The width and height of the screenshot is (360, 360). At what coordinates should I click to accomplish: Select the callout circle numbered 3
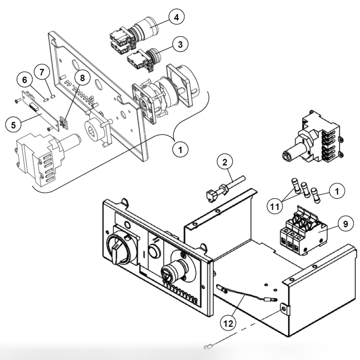coord(180,44)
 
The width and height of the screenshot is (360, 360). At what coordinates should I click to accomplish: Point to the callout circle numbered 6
coord(25,80)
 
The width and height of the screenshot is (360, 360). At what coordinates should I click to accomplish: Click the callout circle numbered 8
coord(83,78)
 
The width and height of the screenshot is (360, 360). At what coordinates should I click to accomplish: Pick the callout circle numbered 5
coord(13,125)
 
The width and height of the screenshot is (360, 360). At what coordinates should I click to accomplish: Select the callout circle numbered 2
coord(225,162)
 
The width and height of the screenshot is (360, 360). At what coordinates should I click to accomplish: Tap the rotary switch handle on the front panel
coord(119,251)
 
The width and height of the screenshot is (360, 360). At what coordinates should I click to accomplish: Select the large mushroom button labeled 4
coord(147,29)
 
